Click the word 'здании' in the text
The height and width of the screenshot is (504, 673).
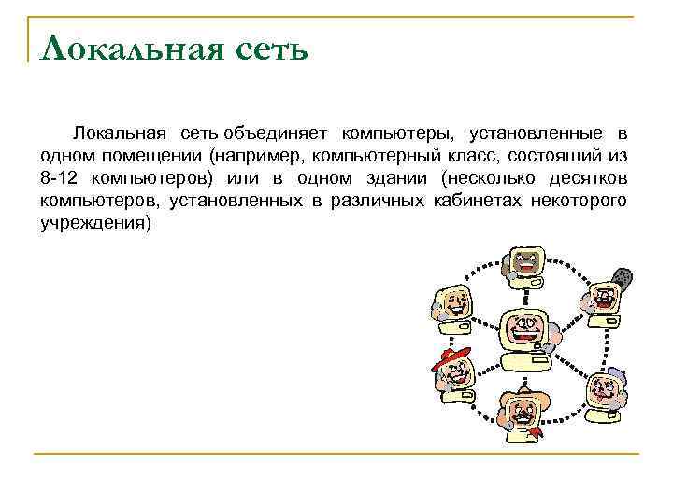[395, 178]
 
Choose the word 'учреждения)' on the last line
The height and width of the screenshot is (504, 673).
[94, 224]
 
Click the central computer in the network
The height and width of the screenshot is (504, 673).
[527, 330]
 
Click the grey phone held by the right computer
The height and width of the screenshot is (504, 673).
[623, 277]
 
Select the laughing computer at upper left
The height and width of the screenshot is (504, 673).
[453, 301]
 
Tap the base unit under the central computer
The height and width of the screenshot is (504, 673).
[525, 361]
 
